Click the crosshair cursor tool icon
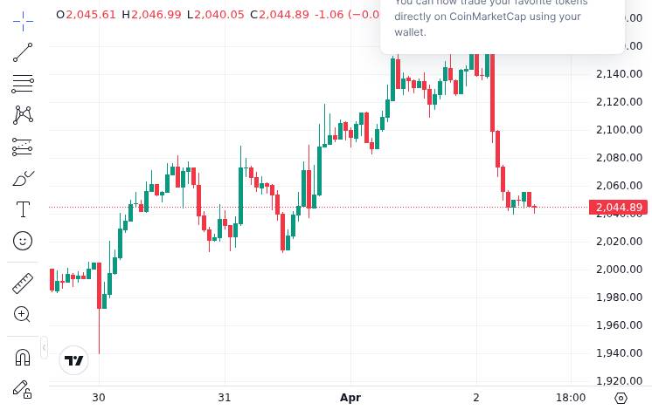coord(23,20)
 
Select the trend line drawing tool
coord(23,52)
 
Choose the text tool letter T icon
coord(23,209)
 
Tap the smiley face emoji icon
coord(23,241)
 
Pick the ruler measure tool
coord(23,283)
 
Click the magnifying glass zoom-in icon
coord(23,314)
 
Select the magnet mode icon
coord(23,357)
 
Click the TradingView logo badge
coord(74,360)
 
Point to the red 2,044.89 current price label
coord(619,208)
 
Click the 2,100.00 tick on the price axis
coord(619,130)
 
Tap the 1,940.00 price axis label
coord(619,353)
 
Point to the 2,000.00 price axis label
coord(619,270)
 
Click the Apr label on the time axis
coord(350,398)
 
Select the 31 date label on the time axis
coord(225,398)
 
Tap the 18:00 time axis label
coord(571,398)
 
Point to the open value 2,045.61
coord(91,15)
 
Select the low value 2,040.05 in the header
coord(219,15)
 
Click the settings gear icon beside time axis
coord(621,398)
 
